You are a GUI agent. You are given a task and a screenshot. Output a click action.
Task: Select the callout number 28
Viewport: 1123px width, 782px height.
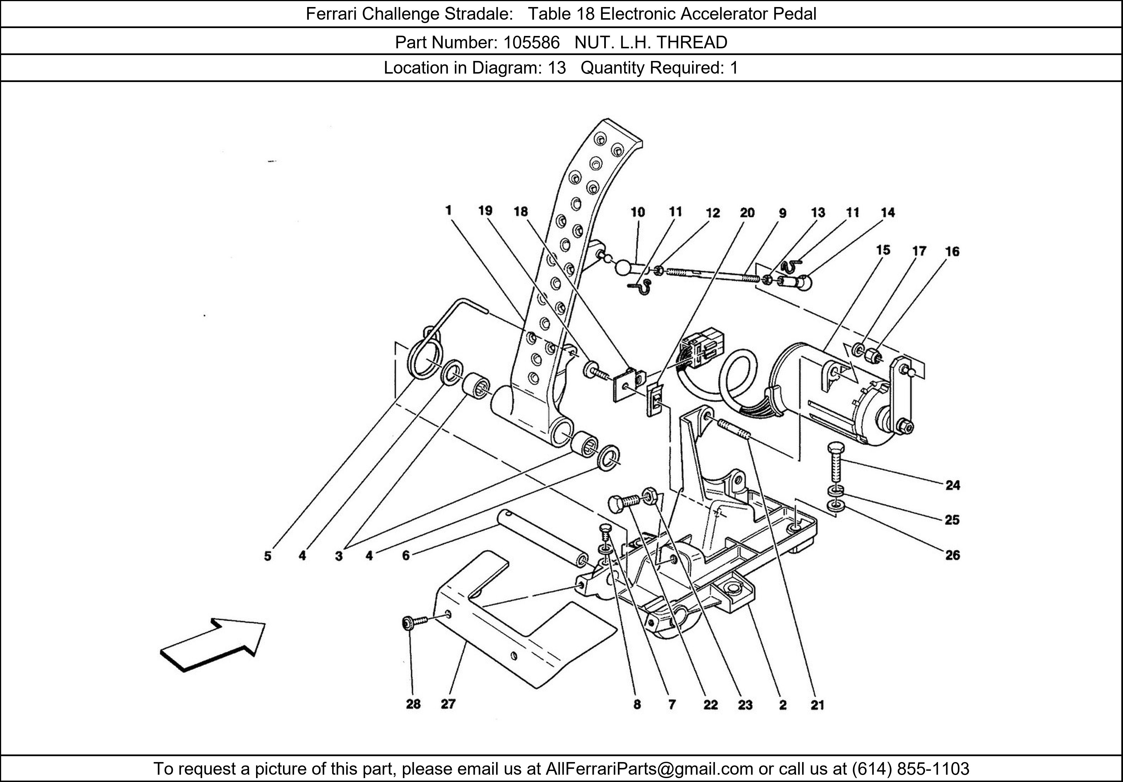click(413, 704)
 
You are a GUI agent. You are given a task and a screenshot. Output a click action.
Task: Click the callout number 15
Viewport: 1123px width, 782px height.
click(883, 250)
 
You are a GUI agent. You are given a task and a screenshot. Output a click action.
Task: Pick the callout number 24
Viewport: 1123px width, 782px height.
click(952, 485)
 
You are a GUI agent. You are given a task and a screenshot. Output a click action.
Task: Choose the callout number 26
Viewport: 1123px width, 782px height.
click(952, 555)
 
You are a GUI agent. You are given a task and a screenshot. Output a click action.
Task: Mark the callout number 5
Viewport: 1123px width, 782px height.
click(268, 556)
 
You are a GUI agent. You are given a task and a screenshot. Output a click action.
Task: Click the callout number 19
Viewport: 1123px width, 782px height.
click(485, 210)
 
